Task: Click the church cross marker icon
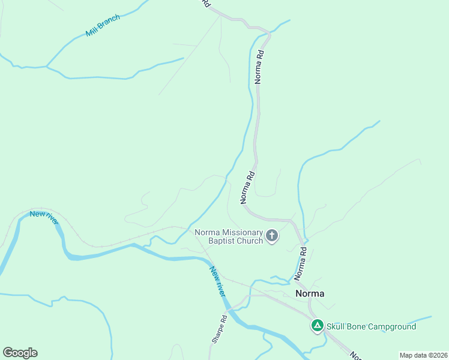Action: (x=272, y=236)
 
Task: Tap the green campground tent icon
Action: (x=317, y=326)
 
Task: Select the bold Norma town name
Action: (x=310, y=293)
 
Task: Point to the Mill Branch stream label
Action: (x=103, y=26)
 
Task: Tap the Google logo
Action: (x=20, y=353)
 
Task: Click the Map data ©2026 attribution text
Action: (x=423, y=355)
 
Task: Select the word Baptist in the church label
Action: (x=223, y=241)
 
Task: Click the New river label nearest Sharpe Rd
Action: (x=217, y=281)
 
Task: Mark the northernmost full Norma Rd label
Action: (x=259, y=66)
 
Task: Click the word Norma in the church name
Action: (x=207, y=233)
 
